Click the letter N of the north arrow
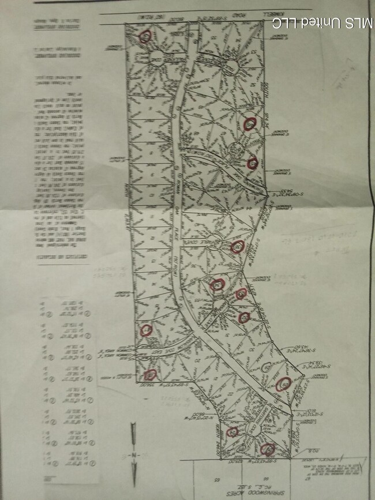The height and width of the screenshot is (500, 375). coord(133,455)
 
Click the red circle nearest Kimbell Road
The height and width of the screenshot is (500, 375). coord(146,36)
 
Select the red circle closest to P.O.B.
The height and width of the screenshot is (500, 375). coord(267,449)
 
